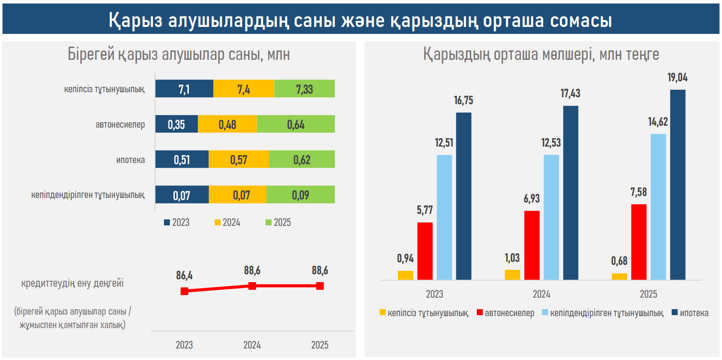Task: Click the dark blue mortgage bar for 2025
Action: click(678, 185)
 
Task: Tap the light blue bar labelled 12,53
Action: click(551, 217)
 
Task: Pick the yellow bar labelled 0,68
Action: click(619, 276)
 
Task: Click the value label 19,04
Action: click(678, 77)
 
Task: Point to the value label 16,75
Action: click(463, 100)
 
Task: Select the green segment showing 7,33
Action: click(304, 89)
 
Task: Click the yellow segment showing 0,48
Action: click(227, 124)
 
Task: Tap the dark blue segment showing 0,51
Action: click(182, 160)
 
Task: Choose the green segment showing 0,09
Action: click(300, 195)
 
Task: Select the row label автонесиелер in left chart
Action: click(120, 125)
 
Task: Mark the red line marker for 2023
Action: click(184, 291)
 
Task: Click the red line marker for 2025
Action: click(320, 286)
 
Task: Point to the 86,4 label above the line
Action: click(184, 275)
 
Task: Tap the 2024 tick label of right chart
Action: click(542, 294)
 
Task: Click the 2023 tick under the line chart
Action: click(184, 345)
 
